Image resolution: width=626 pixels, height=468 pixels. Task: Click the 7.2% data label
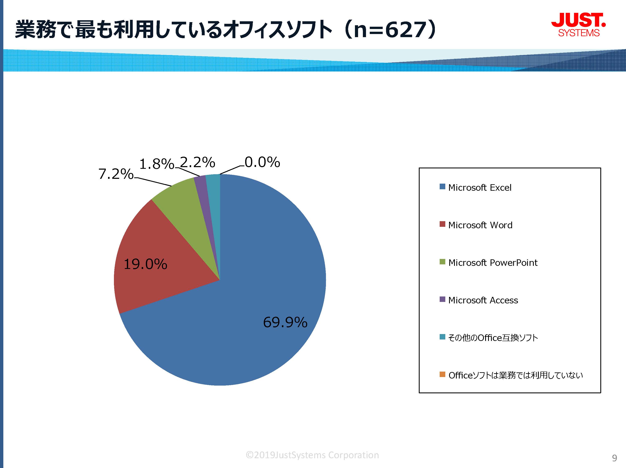pos(116,174)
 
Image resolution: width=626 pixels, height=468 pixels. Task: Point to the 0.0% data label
pos(262,162)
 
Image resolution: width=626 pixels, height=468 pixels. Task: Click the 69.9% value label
pos(285,322)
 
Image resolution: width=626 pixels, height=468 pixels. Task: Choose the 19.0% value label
pos(145,264)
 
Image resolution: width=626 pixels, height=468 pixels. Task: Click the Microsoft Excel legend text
pos(480,187)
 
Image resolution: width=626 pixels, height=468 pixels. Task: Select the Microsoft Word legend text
pos(481,225)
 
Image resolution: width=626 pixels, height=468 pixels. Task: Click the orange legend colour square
pos(442,374)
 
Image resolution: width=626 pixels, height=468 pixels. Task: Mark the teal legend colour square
pos(442,337)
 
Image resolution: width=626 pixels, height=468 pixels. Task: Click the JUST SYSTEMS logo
pos(578,25)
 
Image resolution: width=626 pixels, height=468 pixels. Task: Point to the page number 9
pos(614,458)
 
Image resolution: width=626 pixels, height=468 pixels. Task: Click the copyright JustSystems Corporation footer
pos(312,455)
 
